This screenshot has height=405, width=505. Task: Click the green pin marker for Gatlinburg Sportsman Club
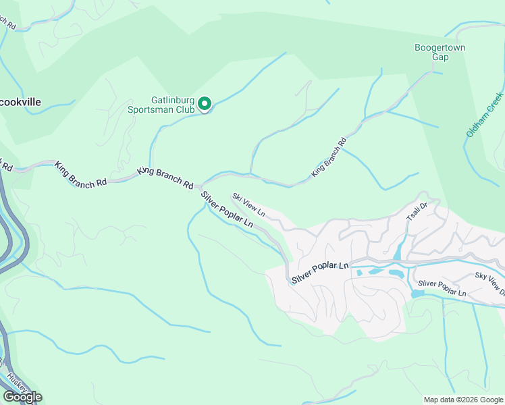205,103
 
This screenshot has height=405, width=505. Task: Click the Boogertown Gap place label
440,52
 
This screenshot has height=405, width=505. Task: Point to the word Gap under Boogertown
440,57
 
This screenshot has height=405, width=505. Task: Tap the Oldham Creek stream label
485,115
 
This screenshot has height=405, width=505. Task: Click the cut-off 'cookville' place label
20,102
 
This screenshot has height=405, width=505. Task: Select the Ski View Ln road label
248,205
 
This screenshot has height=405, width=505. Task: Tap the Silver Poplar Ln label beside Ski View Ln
227,209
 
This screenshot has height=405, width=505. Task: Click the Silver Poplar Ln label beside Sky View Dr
442,288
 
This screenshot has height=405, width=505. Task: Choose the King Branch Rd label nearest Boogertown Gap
329,158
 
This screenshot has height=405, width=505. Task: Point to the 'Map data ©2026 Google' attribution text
462,399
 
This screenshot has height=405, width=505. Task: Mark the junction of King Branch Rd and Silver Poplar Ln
201,188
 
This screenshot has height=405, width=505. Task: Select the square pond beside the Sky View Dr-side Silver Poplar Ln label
417,294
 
